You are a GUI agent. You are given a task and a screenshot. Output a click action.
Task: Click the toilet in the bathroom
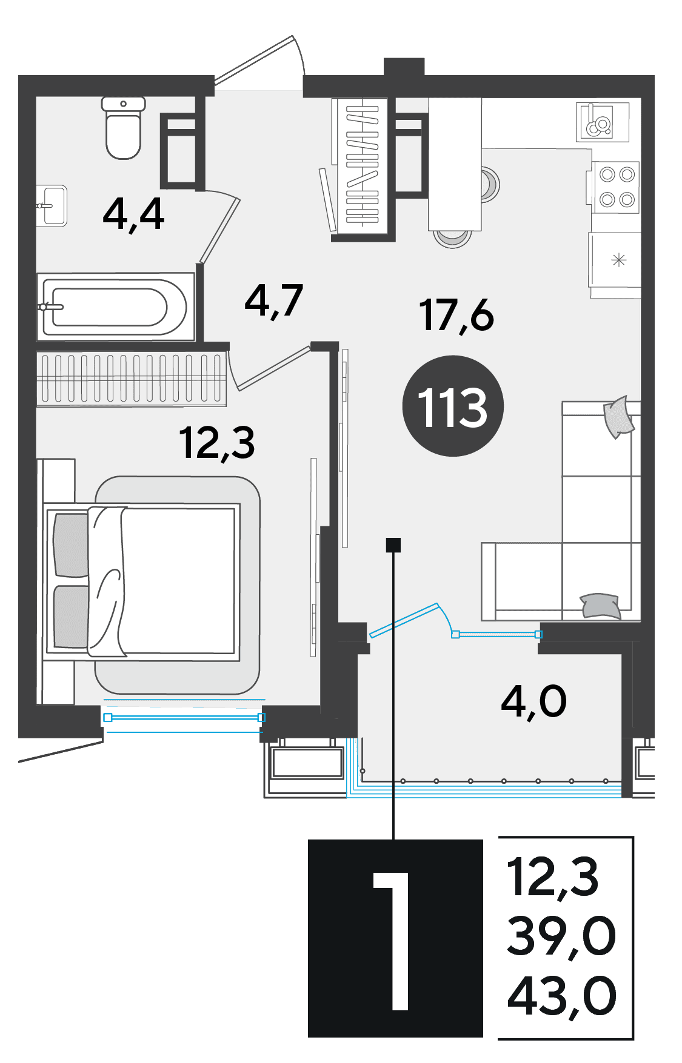tap(124, 128)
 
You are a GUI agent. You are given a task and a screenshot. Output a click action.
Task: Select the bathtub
tap(115, 306)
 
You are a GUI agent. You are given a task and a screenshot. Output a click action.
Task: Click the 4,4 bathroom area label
tap(133, 214)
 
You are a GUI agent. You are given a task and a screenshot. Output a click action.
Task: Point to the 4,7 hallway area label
tap(273, 301)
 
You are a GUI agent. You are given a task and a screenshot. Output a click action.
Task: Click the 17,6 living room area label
tap(456, 316)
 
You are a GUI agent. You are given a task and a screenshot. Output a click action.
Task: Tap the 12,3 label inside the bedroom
tap(216, 443)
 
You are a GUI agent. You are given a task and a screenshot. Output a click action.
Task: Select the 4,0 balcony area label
tap(533, 702)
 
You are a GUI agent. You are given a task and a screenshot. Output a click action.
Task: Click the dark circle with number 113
tap(453, 406)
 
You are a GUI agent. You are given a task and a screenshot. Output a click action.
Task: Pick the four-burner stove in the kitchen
tap(616, 187)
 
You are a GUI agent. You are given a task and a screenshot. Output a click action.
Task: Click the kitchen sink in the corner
tap(603, 121)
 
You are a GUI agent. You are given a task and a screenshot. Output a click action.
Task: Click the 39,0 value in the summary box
tap(561, 936)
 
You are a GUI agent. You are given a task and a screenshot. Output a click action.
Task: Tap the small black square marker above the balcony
tap(393, 545)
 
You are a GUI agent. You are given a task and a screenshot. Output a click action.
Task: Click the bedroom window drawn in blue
tap(184, 717)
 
